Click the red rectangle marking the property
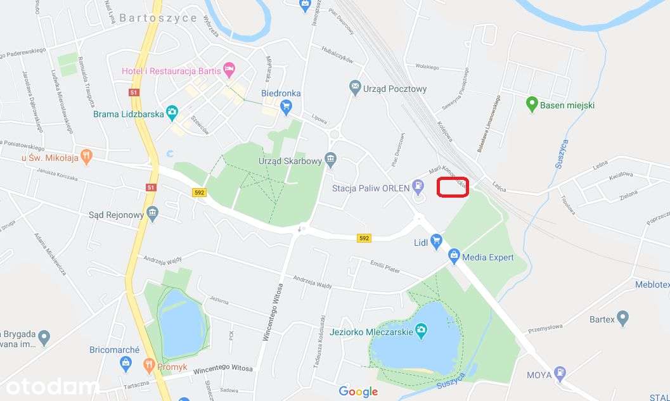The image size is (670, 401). coord(453,187)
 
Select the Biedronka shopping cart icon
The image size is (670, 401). coord(285,106)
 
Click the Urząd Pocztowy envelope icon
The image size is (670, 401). coord(355,87)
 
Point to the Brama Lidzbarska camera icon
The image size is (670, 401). coord(172,113)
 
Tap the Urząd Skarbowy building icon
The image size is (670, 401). coord(330,158)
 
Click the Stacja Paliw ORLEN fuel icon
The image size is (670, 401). coord(418,186)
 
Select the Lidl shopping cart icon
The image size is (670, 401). coord(435,240)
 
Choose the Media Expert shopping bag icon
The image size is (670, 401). coord(454,256)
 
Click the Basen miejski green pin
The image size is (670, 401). coord(532,103)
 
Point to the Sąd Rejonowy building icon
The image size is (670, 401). coord(152,213)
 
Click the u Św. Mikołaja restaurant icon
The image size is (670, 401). coord(87,155)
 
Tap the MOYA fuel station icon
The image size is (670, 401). coord(560,373)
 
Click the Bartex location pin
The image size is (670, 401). coord(622,317)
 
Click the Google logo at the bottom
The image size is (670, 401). coord(358,391)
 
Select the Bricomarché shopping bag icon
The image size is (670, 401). coord(126,363)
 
